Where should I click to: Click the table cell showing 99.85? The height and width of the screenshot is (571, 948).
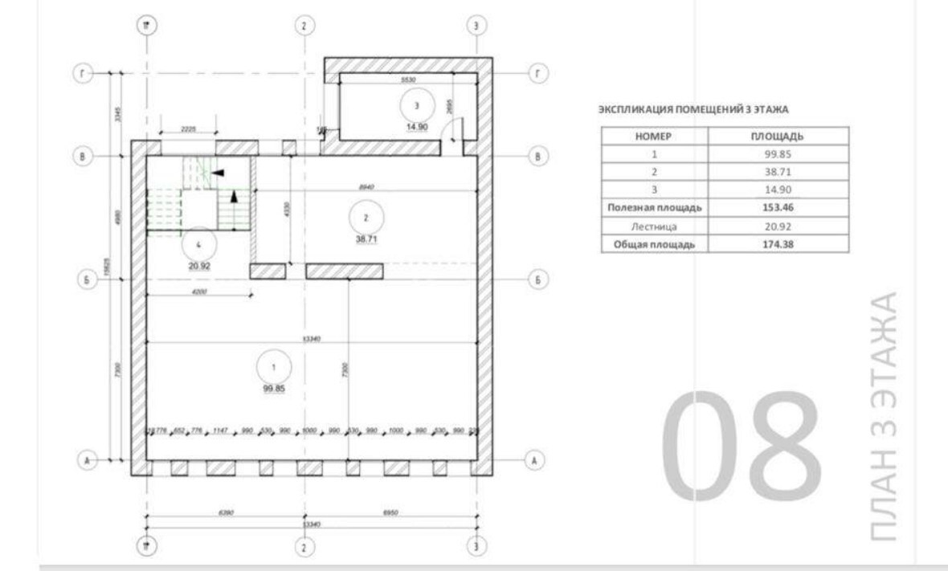coord(777,154)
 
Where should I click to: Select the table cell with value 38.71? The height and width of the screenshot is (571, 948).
coord(777,172)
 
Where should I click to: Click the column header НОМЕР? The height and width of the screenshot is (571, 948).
coord(654,137)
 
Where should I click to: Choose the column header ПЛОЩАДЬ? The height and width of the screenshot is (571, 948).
coord(777,137)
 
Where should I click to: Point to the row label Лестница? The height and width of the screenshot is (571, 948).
coord(654,226)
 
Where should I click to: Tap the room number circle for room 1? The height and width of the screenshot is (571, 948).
coord(274,366)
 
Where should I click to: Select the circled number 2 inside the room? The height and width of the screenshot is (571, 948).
coord(366,217)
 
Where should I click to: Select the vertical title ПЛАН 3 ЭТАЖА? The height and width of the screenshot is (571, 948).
coord(883,415)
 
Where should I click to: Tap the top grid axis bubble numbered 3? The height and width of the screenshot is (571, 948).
coord(476,25)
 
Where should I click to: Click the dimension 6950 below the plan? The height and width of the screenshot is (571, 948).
coord(390,511)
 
